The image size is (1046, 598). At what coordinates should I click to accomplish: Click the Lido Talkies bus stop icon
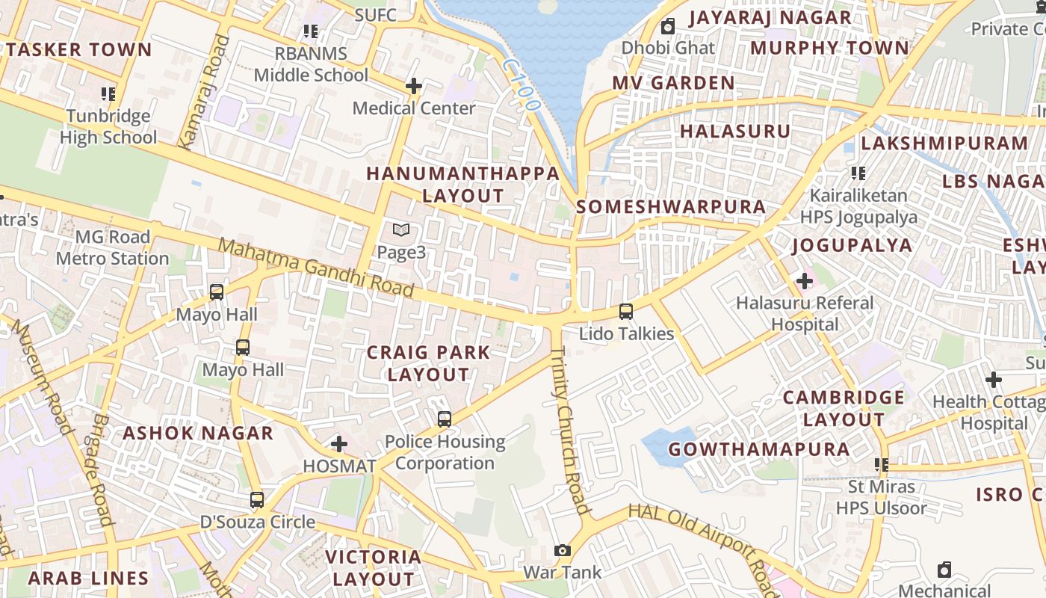[626, 312]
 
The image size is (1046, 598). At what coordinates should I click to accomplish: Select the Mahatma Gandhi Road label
[316, 268]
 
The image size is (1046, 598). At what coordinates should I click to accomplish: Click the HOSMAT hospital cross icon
[339, 444]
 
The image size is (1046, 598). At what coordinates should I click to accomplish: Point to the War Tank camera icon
[563, 551]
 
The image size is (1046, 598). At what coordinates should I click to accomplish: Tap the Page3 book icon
[401, 230]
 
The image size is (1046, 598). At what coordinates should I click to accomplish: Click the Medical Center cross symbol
[413, 86]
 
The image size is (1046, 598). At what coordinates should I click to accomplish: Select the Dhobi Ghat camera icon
[668, 26]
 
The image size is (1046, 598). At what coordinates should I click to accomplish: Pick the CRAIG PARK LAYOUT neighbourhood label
[428, 363]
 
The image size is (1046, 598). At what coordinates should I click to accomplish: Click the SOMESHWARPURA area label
[671, 207]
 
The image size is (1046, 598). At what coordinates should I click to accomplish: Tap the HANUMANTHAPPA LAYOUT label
[463, 185]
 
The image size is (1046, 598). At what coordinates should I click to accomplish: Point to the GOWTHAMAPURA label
[758, 450]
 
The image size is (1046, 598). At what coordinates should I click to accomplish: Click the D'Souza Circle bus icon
[257, 499]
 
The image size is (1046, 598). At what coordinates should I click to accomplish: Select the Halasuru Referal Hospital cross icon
[805, 281]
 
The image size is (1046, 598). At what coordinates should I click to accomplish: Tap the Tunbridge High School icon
[108, 94]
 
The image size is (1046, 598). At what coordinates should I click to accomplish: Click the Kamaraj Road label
[202, 92]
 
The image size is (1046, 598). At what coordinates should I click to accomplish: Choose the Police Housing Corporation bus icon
[445, 419]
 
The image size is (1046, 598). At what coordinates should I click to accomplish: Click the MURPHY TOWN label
[829, 48]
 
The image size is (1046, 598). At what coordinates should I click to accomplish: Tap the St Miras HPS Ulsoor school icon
[882, 465]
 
